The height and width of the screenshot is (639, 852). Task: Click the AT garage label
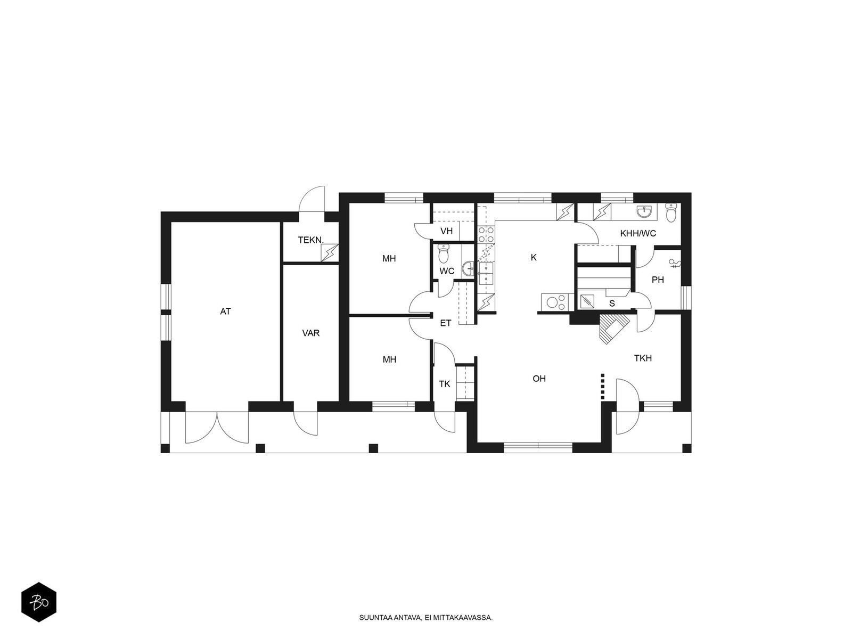[226, 311]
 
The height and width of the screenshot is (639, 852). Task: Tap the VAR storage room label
[311, 333]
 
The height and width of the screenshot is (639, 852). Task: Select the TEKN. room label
[310, 240]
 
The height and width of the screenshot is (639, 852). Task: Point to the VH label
[447, 231]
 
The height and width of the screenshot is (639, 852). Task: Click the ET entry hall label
[446, 323]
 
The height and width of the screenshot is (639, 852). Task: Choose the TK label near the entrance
[445, 384]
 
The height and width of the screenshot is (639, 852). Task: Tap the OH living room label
[539, 378]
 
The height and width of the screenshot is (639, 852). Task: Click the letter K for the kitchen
[534, 257]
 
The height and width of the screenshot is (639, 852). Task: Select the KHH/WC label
[638, 233]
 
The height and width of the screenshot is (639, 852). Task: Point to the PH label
[658, 280]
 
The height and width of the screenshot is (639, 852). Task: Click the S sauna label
[612, 304]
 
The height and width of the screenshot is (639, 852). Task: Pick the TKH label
[643, 358]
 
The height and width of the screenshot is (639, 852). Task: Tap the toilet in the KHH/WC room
[671, 212]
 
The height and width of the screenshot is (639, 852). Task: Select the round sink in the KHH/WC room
[645, 211]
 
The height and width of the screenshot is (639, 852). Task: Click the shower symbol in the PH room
[675, 264]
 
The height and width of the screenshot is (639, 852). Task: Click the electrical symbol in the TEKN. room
[330, 252]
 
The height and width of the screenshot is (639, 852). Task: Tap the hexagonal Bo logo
[39, 603]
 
